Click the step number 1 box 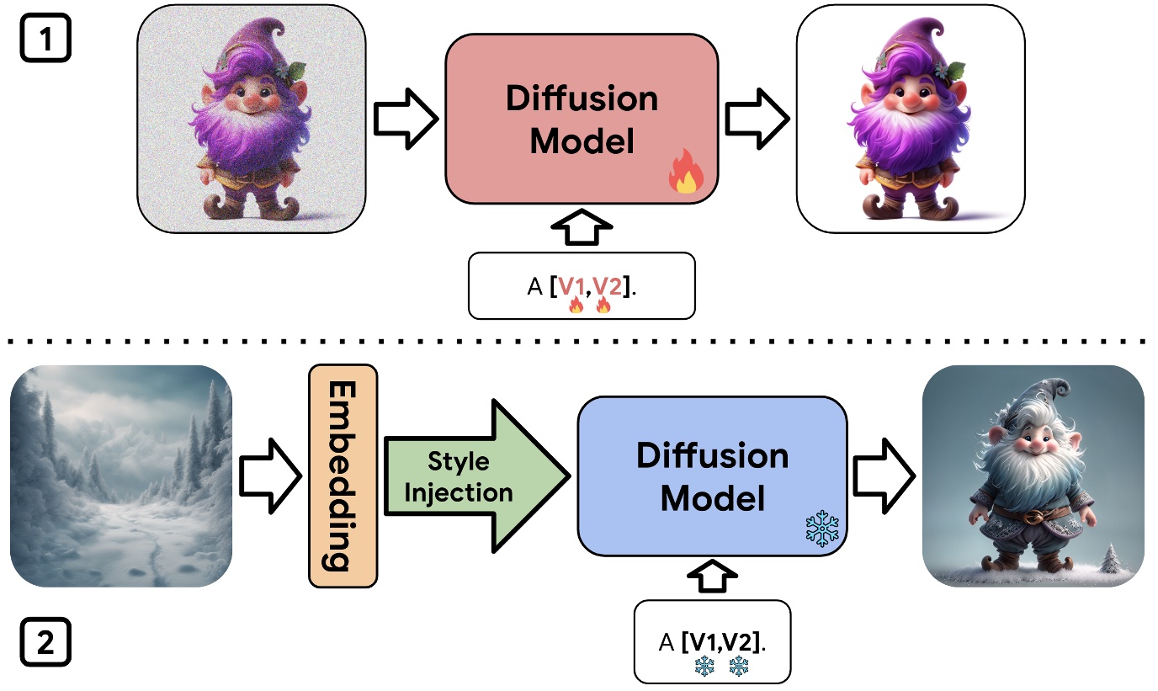point(45,38)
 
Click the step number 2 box point(45,644)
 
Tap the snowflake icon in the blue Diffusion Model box point(821,528)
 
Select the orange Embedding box point(343,476)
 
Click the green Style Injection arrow point(471,476)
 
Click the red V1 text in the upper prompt point(572,286)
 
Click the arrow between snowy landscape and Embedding point(270,476)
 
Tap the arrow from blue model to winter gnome point(884,476)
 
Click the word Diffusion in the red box point(582,99)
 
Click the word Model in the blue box point(712,498)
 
